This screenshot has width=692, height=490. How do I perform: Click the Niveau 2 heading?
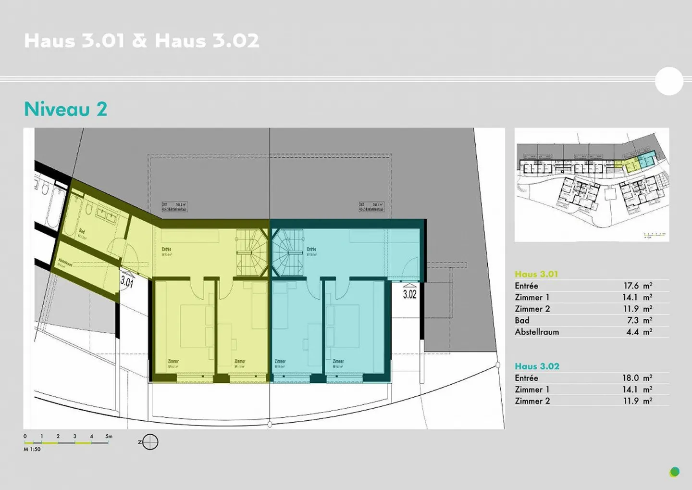point(65,109)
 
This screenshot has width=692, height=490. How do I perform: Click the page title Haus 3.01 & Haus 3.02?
point(141,40)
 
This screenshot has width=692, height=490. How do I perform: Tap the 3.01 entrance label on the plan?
point(127,281)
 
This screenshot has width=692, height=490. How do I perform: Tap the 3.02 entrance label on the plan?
point(409,294)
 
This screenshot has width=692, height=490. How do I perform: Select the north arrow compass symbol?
point(150,442)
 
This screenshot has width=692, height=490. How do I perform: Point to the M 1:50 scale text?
point(32,449)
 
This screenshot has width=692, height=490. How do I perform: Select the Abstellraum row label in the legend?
point(537,332)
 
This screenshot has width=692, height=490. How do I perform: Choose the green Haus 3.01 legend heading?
point(536,274)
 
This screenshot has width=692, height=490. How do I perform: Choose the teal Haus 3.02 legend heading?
point(537,366)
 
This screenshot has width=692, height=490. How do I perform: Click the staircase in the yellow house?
point(250,252)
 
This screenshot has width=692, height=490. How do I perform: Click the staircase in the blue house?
point(288,252)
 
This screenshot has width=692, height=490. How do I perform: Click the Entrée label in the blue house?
point(311,249)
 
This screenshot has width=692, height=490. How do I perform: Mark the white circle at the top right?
point(669,81)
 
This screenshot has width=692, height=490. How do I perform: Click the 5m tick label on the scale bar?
point(109,436)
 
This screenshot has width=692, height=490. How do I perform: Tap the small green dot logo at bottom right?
point(675,472)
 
